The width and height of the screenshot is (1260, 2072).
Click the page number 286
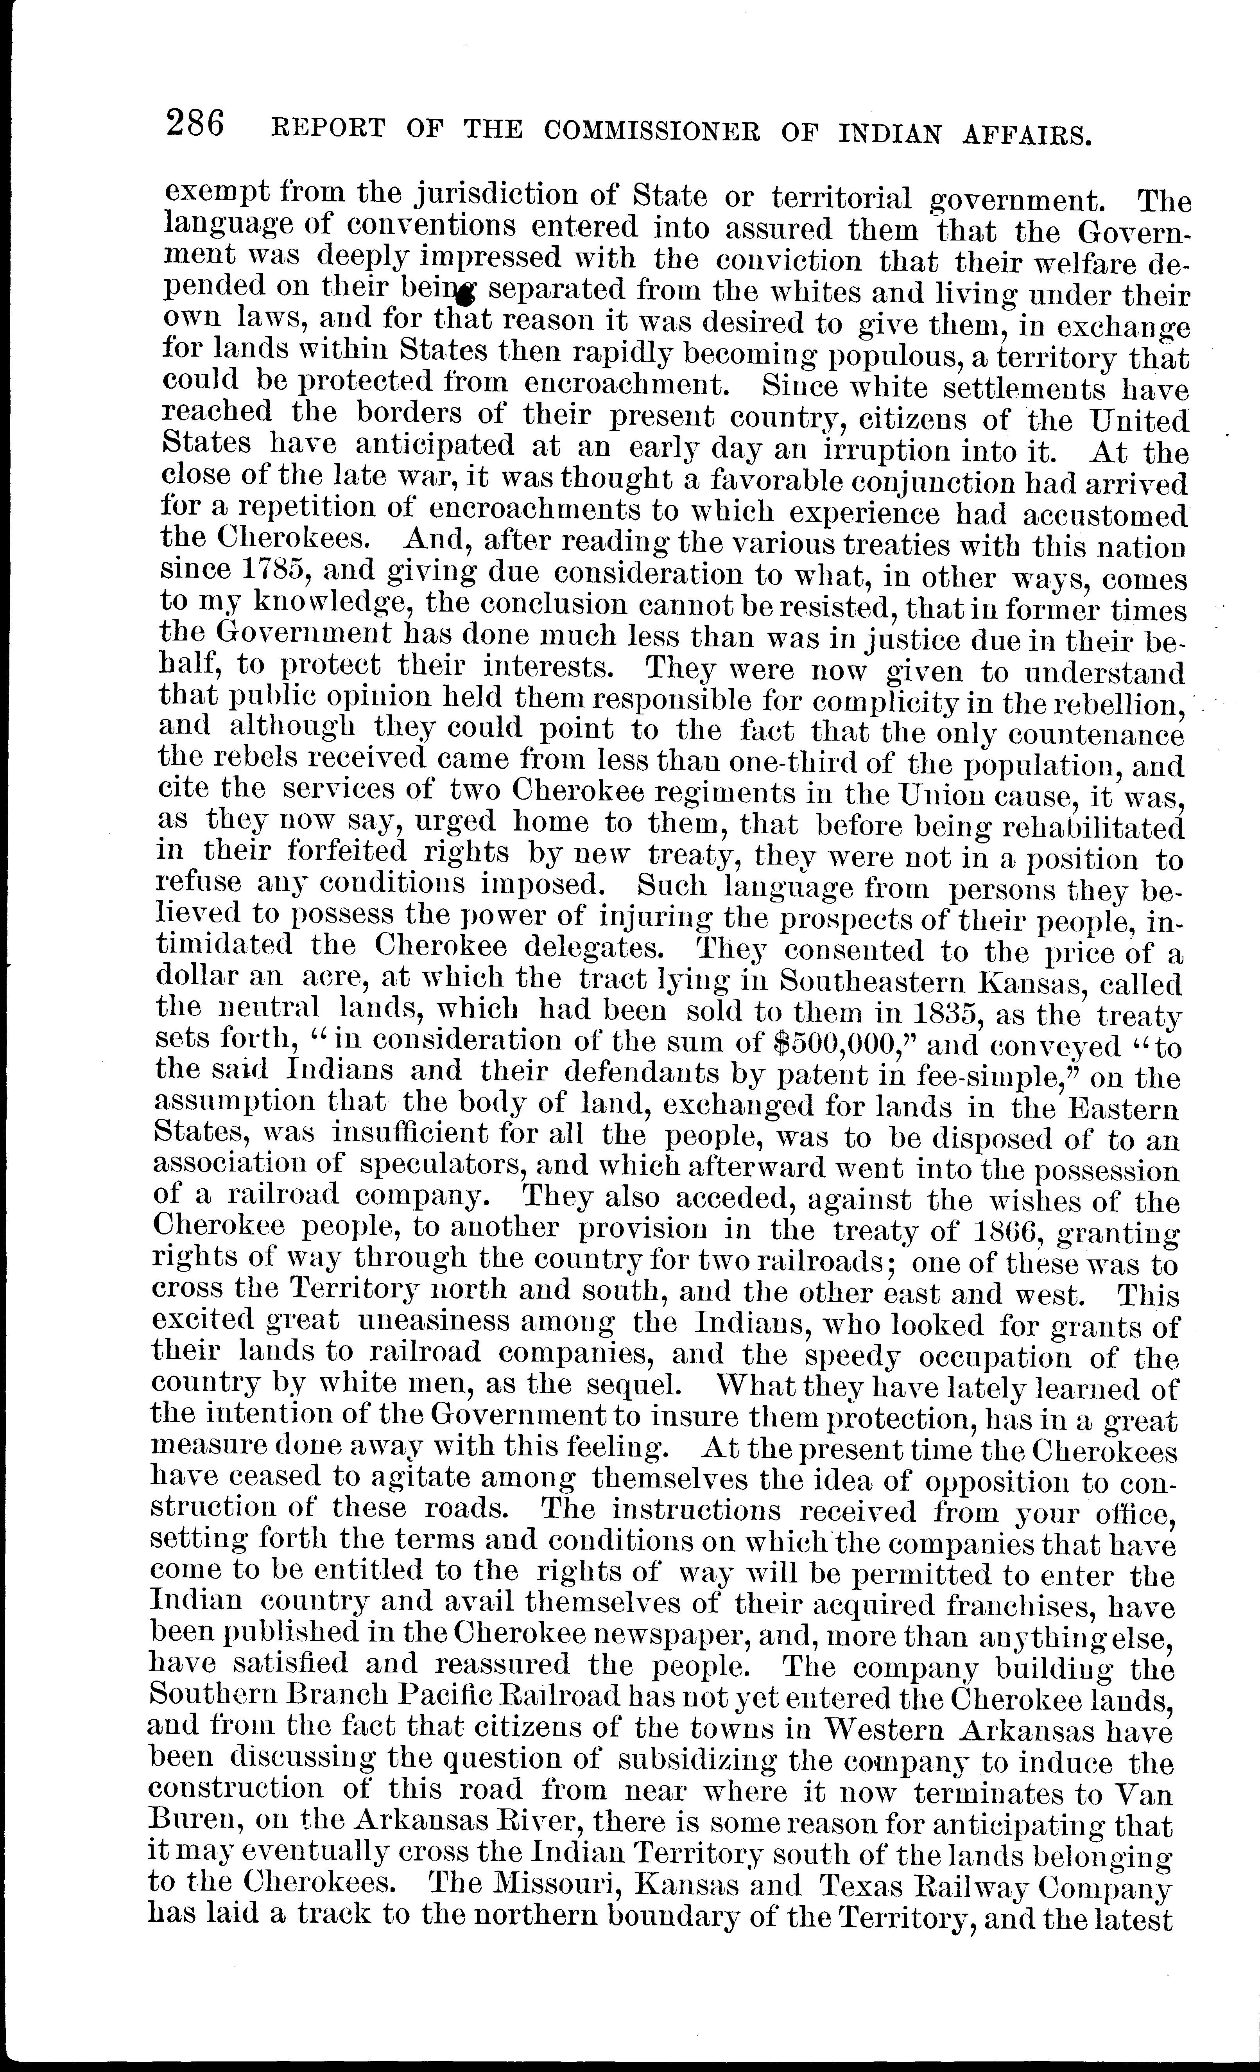(195, 124)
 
